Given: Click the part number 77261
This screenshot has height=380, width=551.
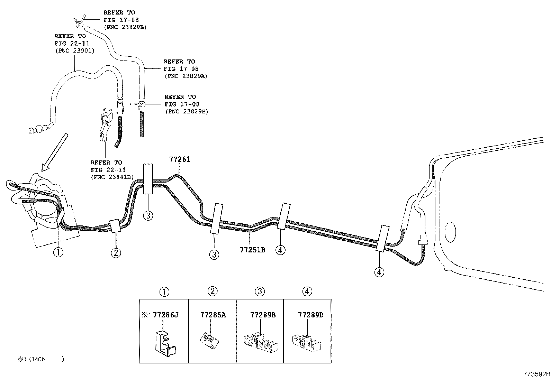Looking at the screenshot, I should (x=180, y=159).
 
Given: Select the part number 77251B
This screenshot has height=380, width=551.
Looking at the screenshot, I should (x=252, y=249).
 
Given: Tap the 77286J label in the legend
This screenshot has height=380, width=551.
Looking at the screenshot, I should (x=165, y=315).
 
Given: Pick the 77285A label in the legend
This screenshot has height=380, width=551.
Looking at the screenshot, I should (x=213, y=315).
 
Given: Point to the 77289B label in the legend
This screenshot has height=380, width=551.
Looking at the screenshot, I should (x=263, y=315).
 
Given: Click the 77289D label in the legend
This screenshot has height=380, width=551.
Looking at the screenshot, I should (x=310, y=315).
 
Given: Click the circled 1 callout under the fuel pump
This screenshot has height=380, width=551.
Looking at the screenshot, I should (x=58, y=252).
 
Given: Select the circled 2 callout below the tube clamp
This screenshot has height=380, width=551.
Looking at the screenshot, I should (x=116, y=253).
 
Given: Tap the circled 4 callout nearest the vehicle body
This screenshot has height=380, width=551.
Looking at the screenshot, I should (x=379, y=272).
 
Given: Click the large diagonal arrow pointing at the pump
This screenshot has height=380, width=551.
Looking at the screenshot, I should (x=54, y=152).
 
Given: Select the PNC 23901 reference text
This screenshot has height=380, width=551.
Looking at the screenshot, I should (x=74, y=51).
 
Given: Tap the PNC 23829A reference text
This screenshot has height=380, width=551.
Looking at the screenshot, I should (x=186, y=76).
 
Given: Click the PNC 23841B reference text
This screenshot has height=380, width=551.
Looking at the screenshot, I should (x=112, y=177).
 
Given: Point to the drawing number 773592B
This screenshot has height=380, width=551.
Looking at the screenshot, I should (x=536, y=374).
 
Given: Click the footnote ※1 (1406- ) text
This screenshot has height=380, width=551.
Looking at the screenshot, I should (x=41, y=359).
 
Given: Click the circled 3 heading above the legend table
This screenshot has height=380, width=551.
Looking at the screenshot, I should (x=260, y=291).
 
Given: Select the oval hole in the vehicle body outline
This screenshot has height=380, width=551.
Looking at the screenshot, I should (x=450, y=232).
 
